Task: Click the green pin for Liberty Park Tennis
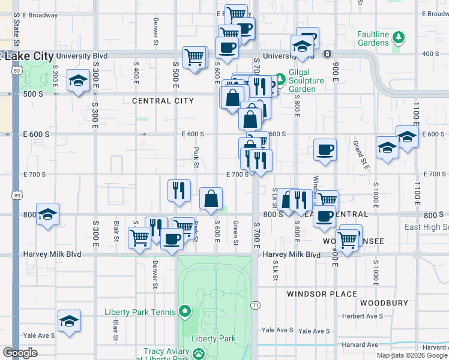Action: (185, 311)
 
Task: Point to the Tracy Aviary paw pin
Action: (198, 355)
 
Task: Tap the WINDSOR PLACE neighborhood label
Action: (322, 294)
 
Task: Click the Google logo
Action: (20, 353)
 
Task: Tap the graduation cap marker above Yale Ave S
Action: (69, 320)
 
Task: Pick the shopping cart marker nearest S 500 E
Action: (194, 58)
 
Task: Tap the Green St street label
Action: (236, 229)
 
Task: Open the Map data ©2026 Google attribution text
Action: (411, 355)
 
